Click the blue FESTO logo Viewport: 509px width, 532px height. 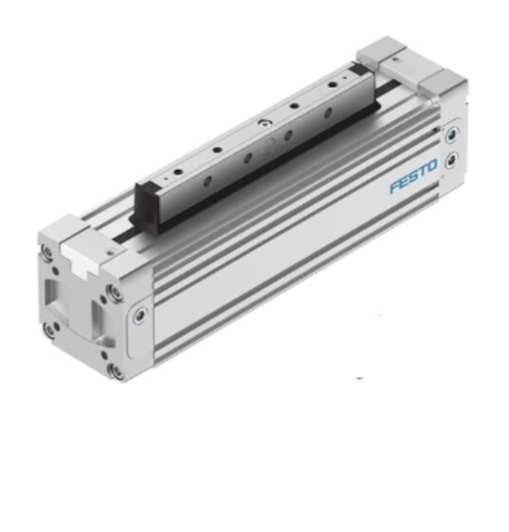click(413, 176)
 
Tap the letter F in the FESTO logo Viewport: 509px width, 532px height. click(396, 186)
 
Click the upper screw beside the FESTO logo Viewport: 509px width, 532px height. click(452, 135)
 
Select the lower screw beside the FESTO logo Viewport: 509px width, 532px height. click(451, 160)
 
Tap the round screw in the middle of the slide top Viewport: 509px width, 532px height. click(262, 123)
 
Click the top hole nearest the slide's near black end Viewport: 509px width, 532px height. click(177, 172)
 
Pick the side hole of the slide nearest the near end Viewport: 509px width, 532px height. click(208, 182)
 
